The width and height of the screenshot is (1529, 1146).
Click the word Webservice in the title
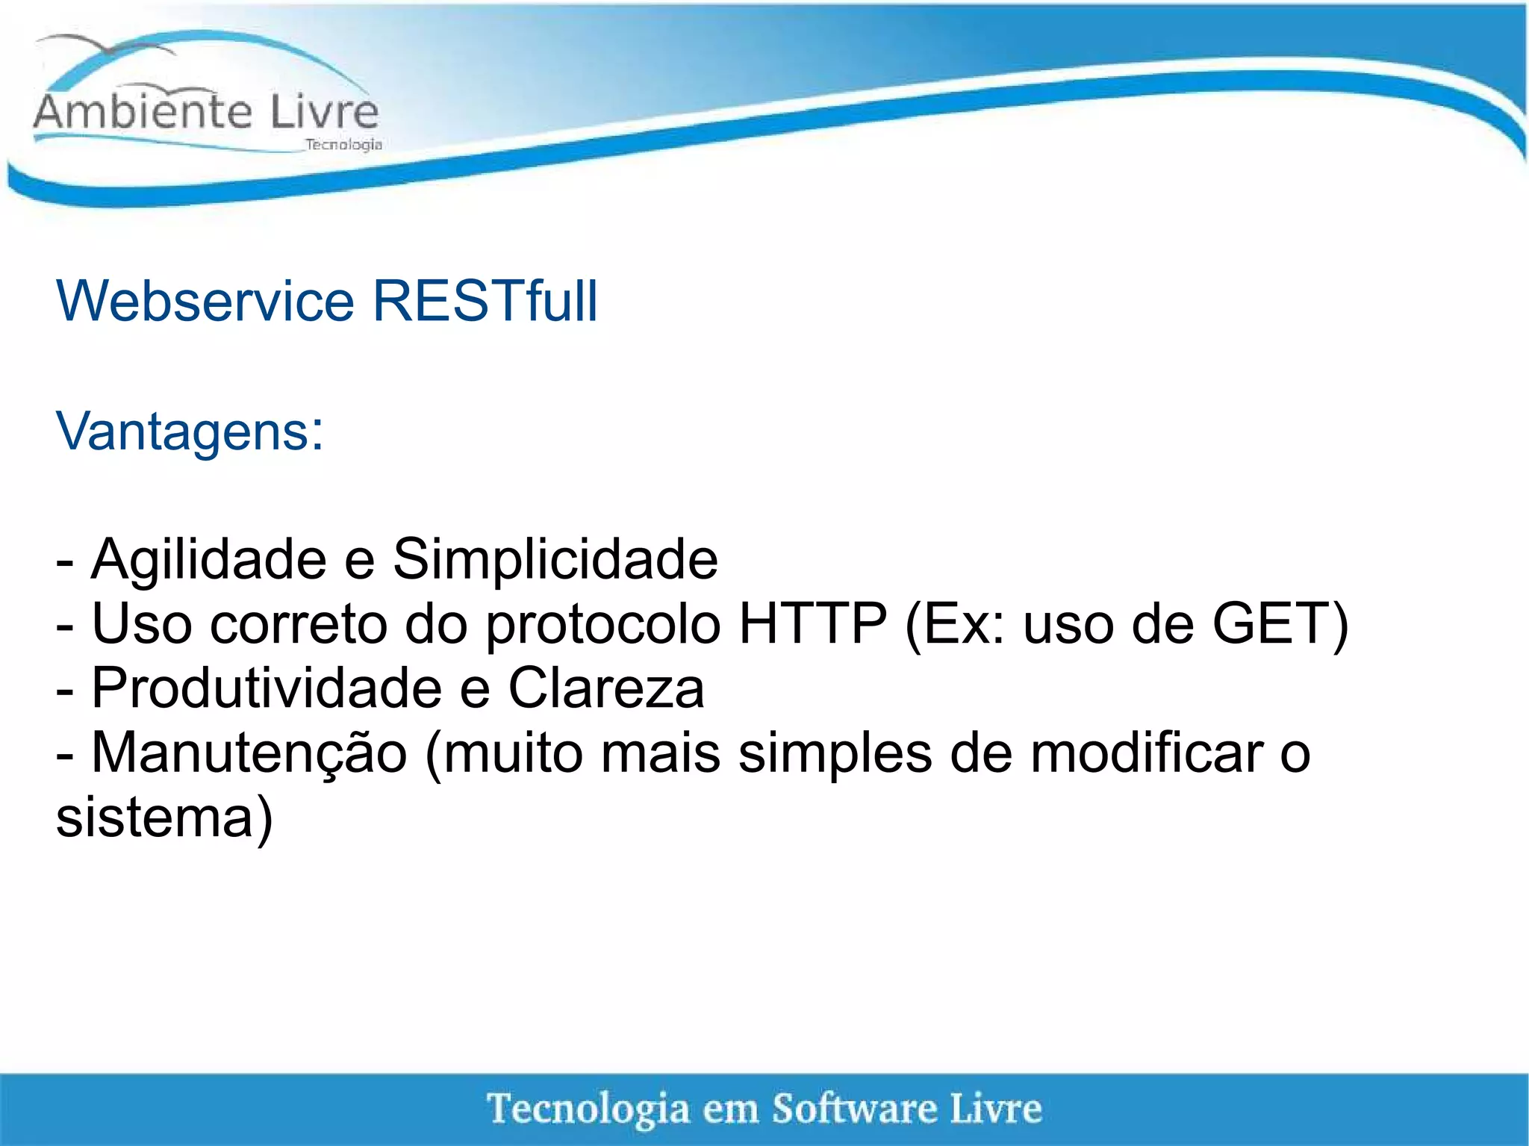[205, 302]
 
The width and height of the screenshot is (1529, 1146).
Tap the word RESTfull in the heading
[485, 302]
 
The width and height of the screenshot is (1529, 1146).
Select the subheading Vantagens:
[190, 432]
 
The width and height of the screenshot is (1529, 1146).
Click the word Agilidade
[209, 560]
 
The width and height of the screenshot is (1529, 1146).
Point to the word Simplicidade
[555, 560]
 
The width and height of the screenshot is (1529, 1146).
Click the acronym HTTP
[812, 624]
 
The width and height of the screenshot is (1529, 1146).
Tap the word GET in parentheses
[1272, 624]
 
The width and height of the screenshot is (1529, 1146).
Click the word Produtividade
[267, 688]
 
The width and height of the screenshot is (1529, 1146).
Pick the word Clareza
[606, 688]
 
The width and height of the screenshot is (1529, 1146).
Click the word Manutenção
[249, 753]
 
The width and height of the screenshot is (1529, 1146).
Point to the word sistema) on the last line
[164, 818]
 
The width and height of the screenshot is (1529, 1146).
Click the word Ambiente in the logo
[143, 113]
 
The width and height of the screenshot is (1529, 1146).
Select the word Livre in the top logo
[324, 113]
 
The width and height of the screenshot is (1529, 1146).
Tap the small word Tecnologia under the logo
[343, 145]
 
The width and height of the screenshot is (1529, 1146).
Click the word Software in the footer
[854, 1109]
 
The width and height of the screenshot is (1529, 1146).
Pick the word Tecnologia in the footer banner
[588, 1109]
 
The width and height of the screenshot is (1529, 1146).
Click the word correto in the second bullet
[298, 624]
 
